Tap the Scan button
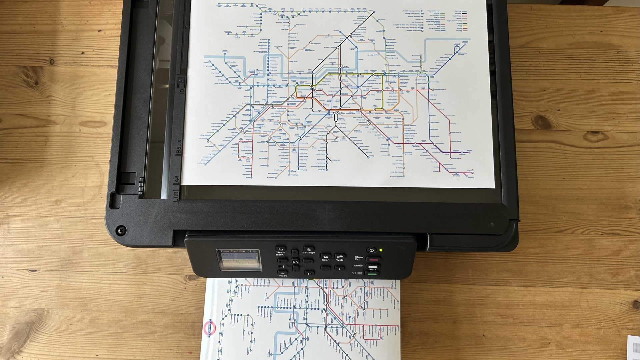326,256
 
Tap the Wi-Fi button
283,273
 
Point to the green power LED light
381,250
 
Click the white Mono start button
373,267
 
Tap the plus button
340,269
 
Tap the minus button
326,269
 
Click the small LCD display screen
239,260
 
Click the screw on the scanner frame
121,230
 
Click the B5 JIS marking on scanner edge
179,147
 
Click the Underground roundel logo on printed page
210,328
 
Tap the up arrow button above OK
295,253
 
